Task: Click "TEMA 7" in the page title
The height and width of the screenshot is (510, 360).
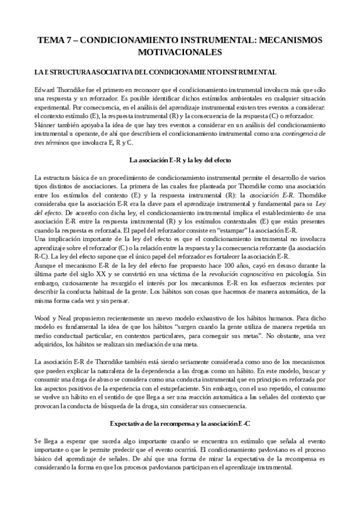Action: pyautogui.click(x=56, y=40)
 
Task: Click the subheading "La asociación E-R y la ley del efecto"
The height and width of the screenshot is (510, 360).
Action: pyautogui.click(x=180, y=160)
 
